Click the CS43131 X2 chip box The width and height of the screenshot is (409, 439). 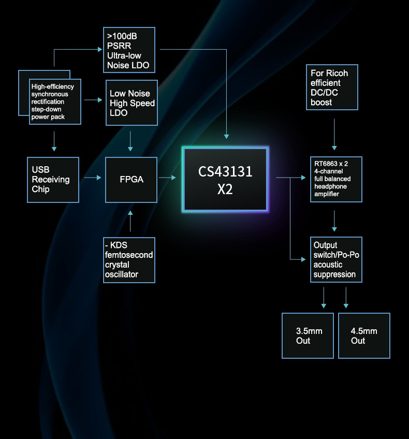coord(225,179)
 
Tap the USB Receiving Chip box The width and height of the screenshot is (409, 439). coord(52,180)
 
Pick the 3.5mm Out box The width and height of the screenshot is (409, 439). coord(308,335)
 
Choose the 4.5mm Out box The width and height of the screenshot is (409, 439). coord(364,335)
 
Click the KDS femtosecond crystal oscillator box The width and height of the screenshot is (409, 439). coord(129,260)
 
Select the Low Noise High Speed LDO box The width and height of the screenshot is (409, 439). coord(132,103)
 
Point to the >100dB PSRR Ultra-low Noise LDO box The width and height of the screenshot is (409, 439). coord(129,50)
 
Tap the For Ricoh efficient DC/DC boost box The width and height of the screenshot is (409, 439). coord(332,87)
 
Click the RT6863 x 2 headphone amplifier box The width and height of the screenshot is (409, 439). coord(335,179)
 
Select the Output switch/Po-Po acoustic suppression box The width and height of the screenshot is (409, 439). coord(335,260)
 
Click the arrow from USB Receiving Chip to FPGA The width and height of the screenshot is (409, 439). coord(92,178)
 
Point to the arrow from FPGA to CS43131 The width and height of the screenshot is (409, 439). coord(168,178)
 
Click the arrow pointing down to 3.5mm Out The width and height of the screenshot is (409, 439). coord(324,298)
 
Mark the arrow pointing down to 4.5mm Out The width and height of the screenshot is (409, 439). coord(346,298)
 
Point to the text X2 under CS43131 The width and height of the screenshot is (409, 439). coord(225,189)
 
